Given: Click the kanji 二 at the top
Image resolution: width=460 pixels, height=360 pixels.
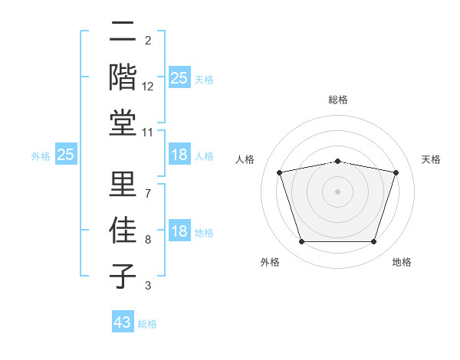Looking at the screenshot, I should tap(123, 34).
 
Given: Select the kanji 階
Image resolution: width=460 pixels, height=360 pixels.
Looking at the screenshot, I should tap(123, 78).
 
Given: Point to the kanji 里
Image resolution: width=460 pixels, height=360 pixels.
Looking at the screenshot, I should tap(123, 185).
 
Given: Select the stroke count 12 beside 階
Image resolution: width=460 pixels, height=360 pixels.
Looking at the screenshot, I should tap(148, 87).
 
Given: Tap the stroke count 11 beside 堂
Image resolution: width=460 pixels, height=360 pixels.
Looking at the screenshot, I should tap(148, 133).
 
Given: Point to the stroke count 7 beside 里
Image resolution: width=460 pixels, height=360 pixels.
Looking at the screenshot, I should tap(148, 193).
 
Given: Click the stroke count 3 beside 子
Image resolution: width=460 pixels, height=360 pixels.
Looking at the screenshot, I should tap(148, 286).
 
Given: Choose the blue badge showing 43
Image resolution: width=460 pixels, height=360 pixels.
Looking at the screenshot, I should tap(123, 322).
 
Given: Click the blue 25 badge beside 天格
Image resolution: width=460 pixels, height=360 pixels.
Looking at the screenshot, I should tap(179, 78).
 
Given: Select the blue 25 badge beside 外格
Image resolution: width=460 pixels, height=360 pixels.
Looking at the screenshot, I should tap(66, 155).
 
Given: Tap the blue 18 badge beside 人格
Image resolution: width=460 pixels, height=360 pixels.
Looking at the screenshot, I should tap(179, 155).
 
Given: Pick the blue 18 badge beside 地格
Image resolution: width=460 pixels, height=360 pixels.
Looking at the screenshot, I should tap(179, 231).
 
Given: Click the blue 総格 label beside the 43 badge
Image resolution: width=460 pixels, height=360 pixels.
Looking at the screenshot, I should tap(147, 324).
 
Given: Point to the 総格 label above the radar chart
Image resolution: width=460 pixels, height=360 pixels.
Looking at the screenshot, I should tap(337, 100).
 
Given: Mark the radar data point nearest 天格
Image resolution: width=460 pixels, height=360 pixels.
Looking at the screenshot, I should tap(396, 172).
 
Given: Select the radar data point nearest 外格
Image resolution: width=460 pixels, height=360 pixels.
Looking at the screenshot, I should tap(301, 242).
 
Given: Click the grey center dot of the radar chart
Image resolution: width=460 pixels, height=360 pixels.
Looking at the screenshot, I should tap(337, 191).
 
